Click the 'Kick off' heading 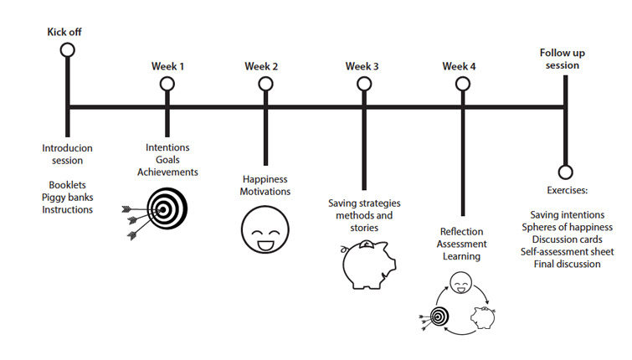click(64, 33)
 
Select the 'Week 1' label click(168, 66)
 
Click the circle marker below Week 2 click(265, 84)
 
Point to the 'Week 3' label click(362, 66)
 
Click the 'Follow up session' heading click(563, 58)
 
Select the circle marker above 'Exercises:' click(566, 173)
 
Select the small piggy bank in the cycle click(483, 317)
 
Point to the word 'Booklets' click(67, 184)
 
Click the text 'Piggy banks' click(67, 197)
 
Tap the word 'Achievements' click(168, 172)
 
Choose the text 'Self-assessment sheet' click(567, 251)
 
